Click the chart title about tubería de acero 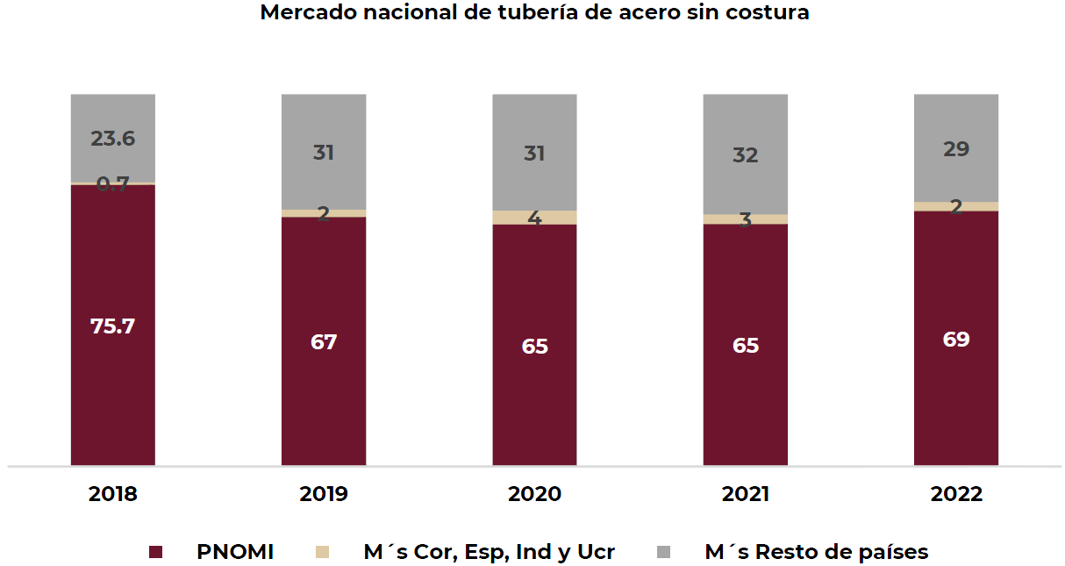(x=534, y=13)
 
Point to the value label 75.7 (x=113, y=326)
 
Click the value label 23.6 (x=113, y=139)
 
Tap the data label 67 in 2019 (x=324, y=341)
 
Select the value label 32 (x=745, y=155)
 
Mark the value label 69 (x=955, y=340)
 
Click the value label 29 (x=955, y=149)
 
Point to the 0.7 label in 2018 (x=113, y=184)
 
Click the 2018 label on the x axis (x=113, y=494)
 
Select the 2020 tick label (x=534, y=494)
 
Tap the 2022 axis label (x=955, y=494)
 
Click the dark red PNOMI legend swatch (x=156, y=552)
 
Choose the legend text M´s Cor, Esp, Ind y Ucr (x=489, y=552)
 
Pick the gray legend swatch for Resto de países (x=665, y=552)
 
